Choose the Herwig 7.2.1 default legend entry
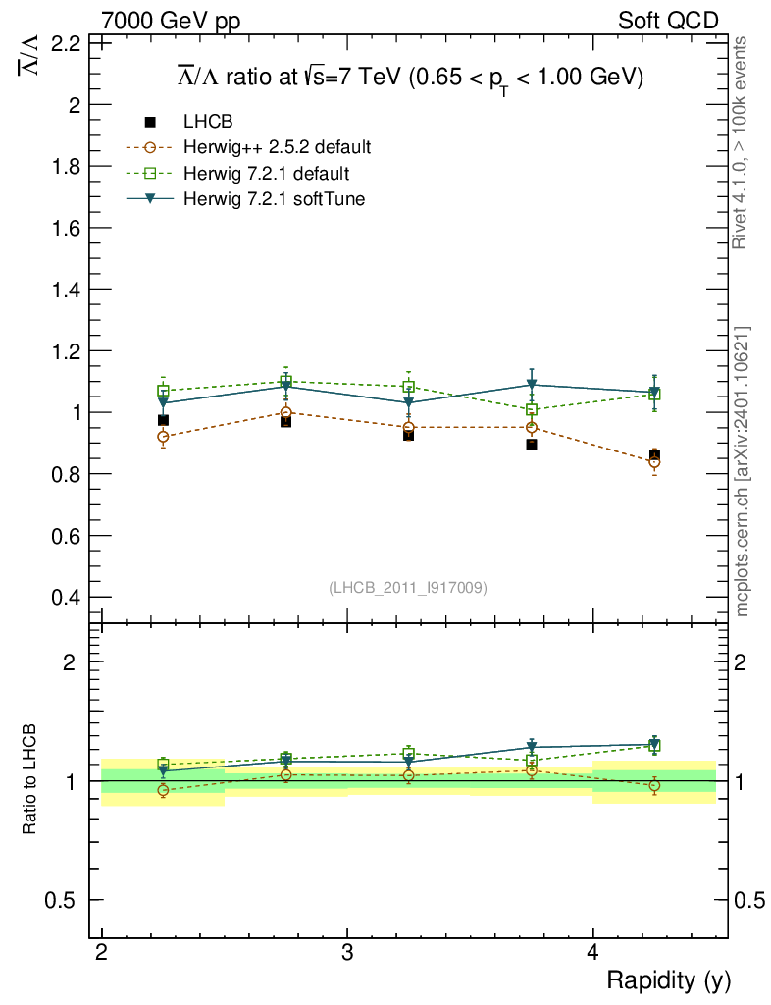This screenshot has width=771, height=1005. click(267, 174)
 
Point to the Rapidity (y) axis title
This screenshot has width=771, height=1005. click(668, 979)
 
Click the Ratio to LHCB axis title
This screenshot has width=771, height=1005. click(31, 781)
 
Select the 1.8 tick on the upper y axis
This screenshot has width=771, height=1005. click(65, 166)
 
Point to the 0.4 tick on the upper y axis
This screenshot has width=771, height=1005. click(65, 597)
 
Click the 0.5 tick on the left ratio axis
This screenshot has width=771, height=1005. click(65, 900)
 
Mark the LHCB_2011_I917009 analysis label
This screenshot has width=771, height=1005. click(408, 587)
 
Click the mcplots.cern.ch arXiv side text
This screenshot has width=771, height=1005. click(743, 471)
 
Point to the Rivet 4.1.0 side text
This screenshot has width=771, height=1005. click(743, 142)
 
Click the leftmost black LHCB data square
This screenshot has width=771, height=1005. click(163, 420)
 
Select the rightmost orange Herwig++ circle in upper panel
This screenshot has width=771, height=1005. click(654, 462)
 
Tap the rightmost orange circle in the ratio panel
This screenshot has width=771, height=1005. click(654, 785)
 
